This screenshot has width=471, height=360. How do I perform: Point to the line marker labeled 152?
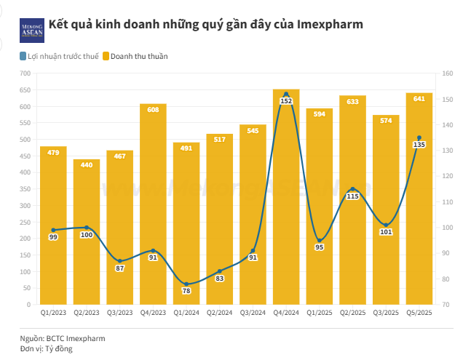tap(286, 94)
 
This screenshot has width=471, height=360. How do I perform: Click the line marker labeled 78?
tap(186, 284)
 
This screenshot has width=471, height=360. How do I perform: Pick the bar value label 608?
tap(153, 110)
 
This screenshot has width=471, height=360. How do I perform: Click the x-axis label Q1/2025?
tap(319, 312)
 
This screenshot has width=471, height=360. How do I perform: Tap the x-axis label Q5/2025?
tap(419, 312)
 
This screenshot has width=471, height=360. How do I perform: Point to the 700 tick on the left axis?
tap(25, 73)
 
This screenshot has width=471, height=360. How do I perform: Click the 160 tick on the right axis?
tap(447, 73)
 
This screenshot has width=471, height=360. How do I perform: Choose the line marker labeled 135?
tap(419, 137)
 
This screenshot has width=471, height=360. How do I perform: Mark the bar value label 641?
tap(419, 99)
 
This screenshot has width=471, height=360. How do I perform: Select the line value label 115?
tap(352, 196)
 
